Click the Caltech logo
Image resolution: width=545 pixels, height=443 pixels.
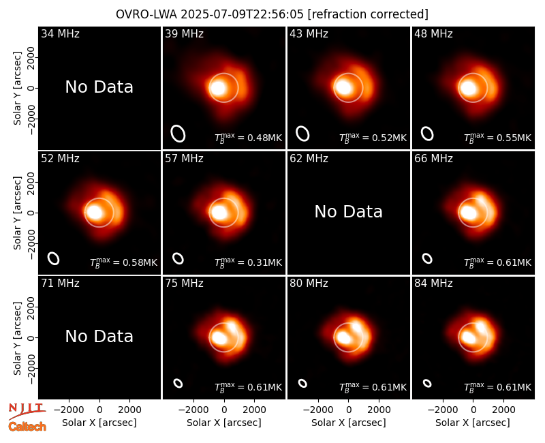click(x=27, y=427)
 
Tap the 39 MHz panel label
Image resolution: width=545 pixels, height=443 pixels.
click(x=184, y=33)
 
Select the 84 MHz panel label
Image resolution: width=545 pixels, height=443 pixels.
click(x=433, y=284)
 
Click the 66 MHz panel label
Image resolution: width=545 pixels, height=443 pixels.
click(x=433, y=159)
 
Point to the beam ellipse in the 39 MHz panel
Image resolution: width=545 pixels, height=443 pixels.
click(x=178, y=134)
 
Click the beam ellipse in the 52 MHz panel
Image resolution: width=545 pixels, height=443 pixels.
click(x=54, y=258)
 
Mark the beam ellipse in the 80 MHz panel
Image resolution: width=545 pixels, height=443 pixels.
click(x=302, y=383)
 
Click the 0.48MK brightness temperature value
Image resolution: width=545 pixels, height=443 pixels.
click(x=264, y=138)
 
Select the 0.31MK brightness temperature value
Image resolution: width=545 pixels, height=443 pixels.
click(x=264, y=262)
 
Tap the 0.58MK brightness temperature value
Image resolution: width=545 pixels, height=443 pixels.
click(x=140, y=262)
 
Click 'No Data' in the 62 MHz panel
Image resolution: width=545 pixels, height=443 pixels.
click(x=349, y=212)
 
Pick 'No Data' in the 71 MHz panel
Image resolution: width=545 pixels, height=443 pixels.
click(x=99, y=337)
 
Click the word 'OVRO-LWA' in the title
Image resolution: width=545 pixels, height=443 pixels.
click(x=146, y=14)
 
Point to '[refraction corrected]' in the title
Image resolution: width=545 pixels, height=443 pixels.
click(x=368, y=14)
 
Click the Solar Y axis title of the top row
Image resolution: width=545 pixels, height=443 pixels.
click(x=17, y=89)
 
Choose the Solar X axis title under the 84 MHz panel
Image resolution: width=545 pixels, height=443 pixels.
click(x=473, y=423)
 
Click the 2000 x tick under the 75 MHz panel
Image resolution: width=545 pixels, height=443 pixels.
click(x=254, y=410)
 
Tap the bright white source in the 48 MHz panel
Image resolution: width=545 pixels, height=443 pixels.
click(x=468, y=87)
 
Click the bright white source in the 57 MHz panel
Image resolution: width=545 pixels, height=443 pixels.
click(x=219, y=212)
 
